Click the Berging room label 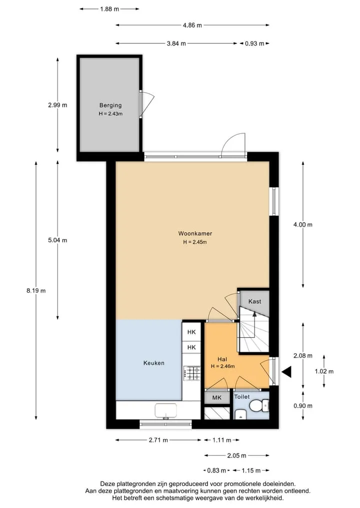click(110, 105)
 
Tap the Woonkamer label click(195, 233)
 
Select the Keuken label click(153, 363)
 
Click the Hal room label click(222, 359)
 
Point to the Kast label click(254, 301)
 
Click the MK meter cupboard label click(216, 397)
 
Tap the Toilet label click(242, 397)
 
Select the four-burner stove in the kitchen click(191, 373)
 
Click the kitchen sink click(165, 411)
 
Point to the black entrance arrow click(286, 372)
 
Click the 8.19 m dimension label click(36, 291)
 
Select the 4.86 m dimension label click(192, 25)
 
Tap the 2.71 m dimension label click(158, 440)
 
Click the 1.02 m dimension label click(324, 371)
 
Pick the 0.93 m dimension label click(254, 43)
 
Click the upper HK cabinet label click(191, 332)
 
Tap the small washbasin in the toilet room click(240, 414)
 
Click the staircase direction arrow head click(254, 314)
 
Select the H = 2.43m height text click(110, 114)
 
